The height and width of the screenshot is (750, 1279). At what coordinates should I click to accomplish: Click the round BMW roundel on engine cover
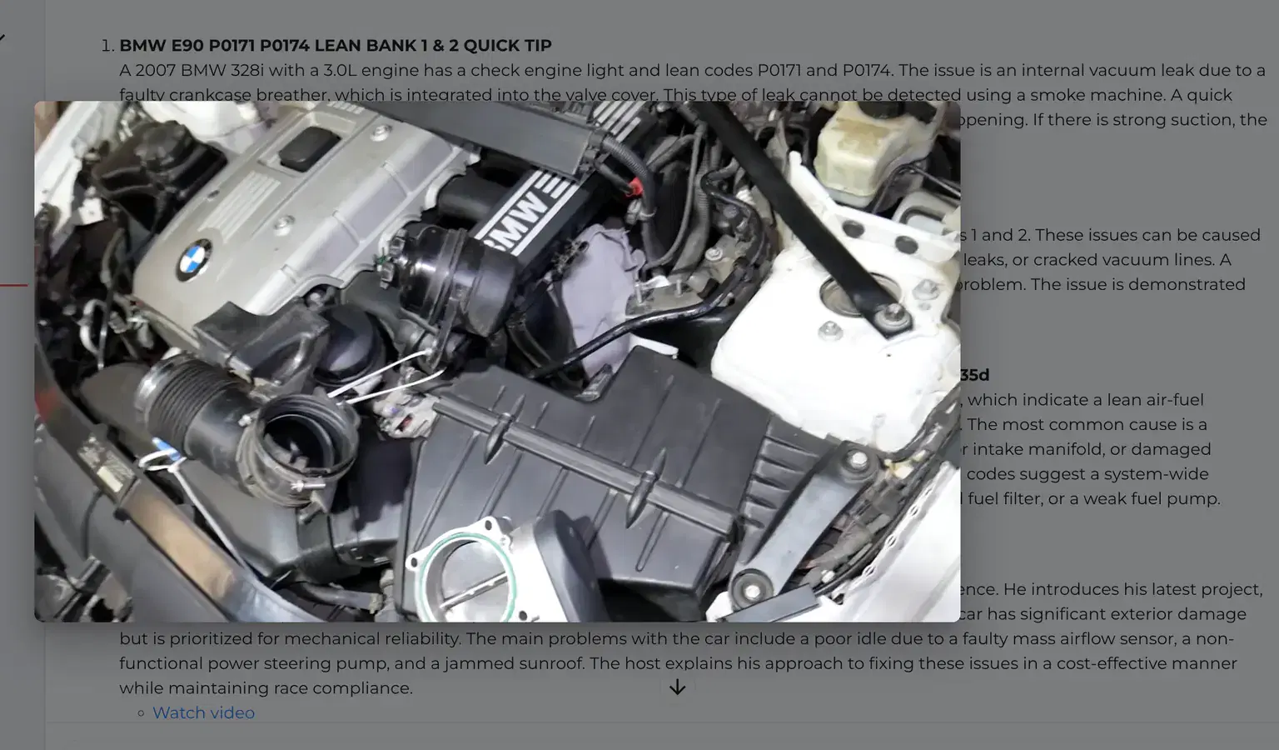click(x=195, y=259)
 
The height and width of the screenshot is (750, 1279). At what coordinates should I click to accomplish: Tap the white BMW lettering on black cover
click(x=521, y=219)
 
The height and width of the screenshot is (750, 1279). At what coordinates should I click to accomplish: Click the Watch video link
click(x=203, y=712)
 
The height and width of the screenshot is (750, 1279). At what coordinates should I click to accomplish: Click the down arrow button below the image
click(x=677, y=687)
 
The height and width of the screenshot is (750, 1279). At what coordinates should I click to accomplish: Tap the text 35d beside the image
click(x=973, y=375)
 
